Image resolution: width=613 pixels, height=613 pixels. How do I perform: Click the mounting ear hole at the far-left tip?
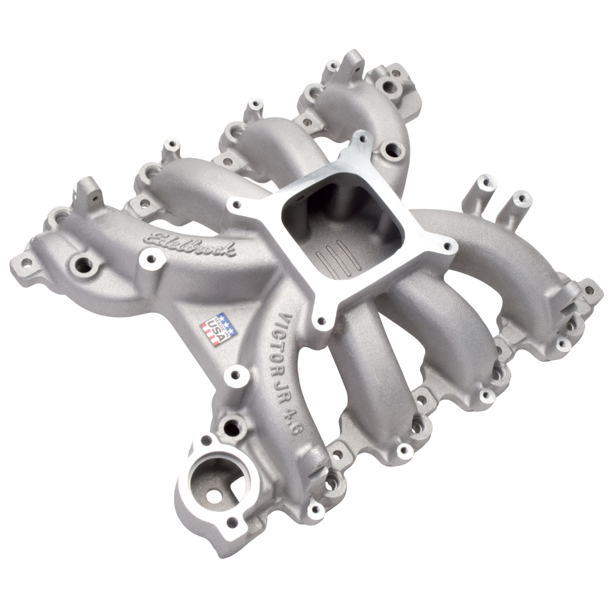tap(22, 267)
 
